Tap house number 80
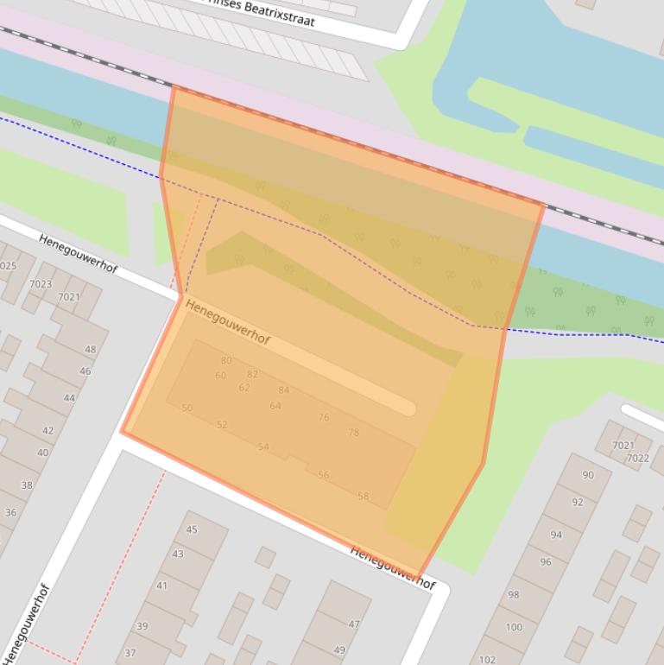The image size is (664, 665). (x=226, y=361)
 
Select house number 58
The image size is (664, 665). (x=364, y=497)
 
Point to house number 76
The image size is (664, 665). (x=324, y=418)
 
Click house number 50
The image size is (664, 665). (x=187, y=408)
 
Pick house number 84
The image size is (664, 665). (x=284, y=390)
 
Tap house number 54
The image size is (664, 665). (x=263, y=447)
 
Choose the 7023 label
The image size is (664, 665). (x=41, y=284)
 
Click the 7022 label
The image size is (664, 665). (x=638, y=459)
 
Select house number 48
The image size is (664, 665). (x=91, y=350)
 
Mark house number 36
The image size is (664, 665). (x=11, y=512)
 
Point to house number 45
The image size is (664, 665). (x=192, y=530)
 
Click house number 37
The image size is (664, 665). (x=130, y=653)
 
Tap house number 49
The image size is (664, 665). (x=339, y=650)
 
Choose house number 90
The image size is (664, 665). (x=589, y=475)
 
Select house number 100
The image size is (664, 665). (x=515, y=627)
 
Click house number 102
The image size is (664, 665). (x=488, y=660)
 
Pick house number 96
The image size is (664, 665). (x=546, y=562)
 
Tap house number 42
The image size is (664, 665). (x=47, y=430)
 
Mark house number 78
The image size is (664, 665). (x=353, y=433)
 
